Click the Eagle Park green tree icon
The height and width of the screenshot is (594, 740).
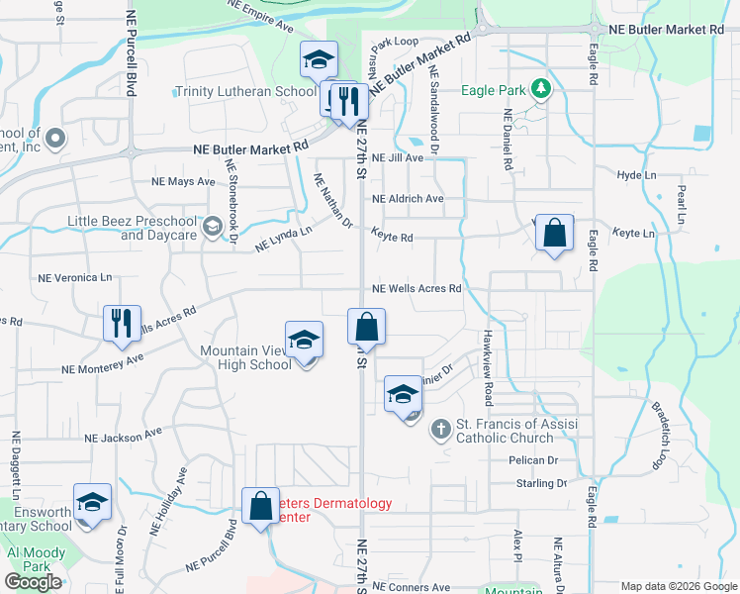(540, 91)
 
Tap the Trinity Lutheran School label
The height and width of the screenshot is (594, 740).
(245, 91)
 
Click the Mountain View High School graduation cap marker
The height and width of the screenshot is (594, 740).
(304, 340)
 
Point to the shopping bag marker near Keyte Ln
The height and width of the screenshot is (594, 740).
(554, 234)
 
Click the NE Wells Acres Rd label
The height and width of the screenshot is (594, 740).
(416, 289)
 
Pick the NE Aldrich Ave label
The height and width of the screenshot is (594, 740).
(408, 198)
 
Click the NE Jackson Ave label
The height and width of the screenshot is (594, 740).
(123, 436)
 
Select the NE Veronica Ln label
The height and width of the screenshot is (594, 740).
(74, 278)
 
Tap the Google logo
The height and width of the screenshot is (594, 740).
(34, 582)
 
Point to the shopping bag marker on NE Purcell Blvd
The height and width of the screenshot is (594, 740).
(260, 506)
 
